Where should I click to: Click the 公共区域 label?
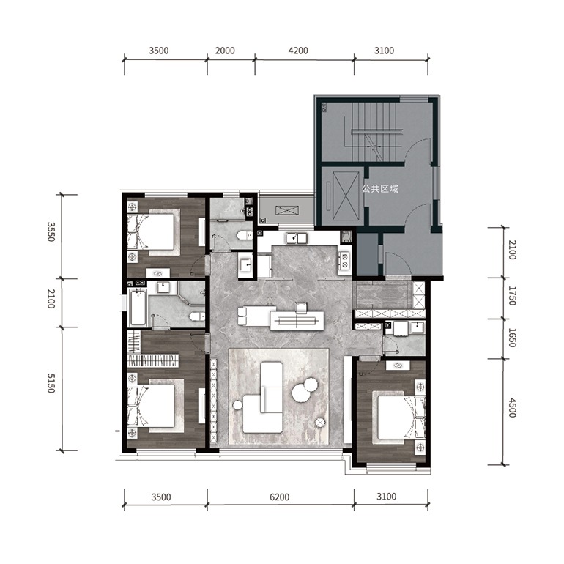point(380,188)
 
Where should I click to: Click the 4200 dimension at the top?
point(298,51)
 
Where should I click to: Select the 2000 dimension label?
point(225,51)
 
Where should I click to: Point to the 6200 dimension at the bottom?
point(280,497)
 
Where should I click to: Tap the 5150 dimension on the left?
point(51,383)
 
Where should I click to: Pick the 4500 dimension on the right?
point(512,408)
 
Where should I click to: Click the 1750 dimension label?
point(512,296)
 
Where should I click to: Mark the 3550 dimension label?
point(51,232)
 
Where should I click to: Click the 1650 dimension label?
point(512,338)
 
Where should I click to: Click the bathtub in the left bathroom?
point(138,307)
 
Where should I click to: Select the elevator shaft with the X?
point(346,196)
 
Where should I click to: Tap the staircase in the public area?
point(374,131)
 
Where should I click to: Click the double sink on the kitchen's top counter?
point(297,238)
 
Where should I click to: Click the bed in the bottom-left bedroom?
point(155,405)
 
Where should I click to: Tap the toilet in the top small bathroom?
point(245,236)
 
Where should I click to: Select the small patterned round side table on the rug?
point(320,423)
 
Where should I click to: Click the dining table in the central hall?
point(297,320)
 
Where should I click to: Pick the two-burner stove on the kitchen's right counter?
point(345,260)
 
